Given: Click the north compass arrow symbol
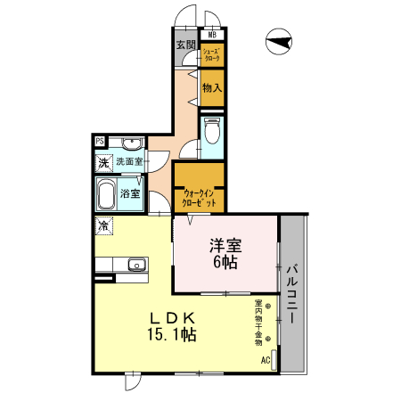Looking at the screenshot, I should click(x=279, y=39).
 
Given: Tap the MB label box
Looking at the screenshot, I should click(x=212, y=36).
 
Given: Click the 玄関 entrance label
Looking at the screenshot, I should click(x=185, y=45).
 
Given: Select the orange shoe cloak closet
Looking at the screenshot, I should click(x=211, y=54).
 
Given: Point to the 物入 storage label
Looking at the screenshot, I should click(x=212, y=87).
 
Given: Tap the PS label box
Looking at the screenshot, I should click(x=100, y=141).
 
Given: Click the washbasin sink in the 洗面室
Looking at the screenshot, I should click(x=131, y=143).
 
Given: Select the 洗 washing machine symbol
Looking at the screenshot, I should click(x=105, y=162).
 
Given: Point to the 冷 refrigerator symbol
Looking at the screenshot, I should click(x=105, y=226).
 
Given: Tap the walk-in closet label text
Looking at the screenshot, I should click(x=198, y=197).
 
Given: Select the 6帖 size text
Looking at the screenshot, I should click(x=225, y=262).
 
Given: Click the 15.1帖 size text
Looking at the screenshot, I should click(x=172, y=334).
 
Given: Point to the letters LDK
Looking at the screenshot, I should click(x=174, y=317).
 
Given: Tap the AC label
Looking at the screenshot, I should click(x=265, y=360).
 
